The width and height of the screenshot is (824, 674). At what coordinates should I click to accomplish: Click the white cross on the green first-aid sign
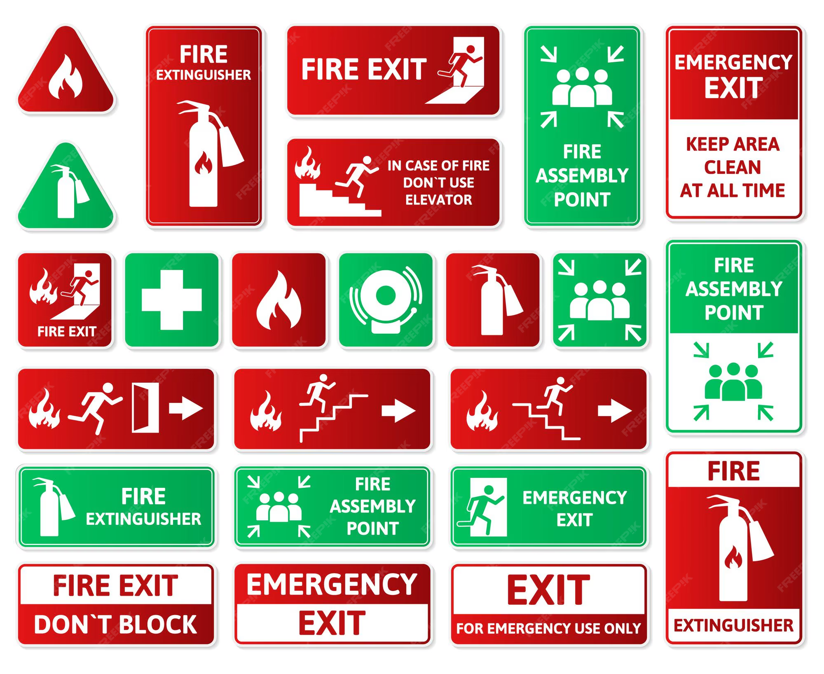point(171,300)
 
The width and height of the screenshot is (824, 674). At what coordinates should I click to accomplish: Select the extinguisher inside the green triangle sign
point(68,191)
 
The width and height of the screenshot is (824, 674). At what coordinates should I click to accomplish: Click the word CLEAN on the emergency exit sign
point(733,167)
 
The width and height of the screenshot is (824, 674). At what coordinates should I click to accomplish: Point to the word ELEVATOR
point(438,200)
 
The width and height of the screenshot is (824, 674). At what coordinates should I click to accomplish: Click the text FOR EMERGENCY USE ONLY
point(548,628)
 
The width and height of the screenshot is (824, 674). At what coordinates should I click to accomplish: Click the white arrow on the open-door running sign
point(186,408)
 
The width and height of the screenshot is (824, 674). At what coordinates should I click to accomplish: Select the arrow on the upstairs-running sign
point(398,411)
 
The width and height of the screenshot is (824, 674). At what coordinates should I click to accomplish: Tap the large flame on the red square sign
point(279,301)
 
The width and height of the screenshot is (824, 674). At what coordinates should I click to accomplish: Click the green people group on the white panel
point(733,382)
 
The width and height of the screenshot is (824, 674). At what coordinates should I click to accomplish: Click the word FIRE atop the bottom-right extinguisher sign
point(734,471)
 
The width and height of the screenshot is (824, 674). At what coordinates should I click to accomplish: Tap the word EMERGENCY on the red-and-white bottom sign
point(332,584)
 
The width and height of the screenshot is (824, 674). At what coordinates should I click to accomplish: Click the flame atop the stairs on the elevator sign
point(307,164)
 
